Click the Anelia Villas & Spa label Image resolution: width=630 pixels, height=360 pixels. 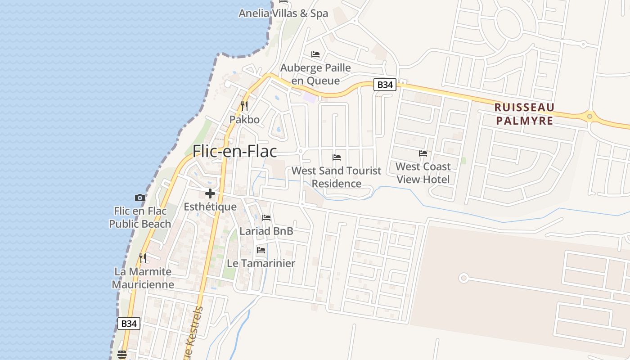click(283, 13)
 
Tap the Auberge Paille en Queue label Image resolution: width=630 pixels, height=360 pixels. click(315, 74)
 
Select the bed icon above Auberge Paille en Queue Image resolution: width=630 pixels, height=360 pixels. click(315, 54)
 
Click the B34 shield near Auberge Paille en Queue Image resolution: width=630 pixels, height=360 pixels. click(385, 85)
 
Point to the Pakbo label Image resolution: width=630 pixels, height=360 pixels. click(244, 120)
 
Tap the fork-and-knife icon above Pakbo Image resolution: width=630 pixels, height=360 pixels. click(244, 106)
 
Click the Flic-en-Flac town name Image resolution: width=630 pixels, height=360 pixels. click(234, 151)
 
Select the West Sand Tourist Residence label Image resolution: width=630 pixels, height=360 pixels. click(336, 177)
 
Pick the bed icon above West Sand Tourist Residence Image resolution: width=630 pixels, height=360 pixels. click(337, 157)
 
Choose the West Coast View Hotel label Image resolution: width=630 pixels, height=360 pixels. click(423, 173)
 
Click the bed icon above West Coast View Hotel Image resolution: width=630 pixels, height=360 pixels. click(423, 153)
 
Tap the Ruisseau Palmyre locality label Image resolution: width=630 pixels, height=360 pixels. click(524, 114)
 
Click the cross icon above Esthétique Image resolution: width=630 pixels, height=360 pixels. click(210, 194)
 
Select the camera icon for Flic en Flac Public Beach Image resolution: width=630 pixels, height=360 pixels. click(140, 198)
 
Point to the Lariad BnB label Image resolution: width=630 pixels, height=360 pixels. click(266, 231)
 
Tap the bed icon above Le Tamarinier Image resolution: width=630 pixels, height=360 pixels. click(261, 250)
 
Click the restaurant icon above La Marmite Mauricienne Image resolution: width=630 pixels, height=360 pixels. click(143, 258)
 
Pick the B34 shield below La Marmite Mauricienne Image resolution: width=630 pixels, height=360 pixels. click(129, 323)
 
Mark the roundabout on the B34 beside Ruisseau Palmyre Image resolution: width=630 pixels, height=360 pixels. click(590, 116)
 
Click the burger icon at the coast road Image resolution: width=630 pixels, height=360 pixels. click(121, 355)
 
